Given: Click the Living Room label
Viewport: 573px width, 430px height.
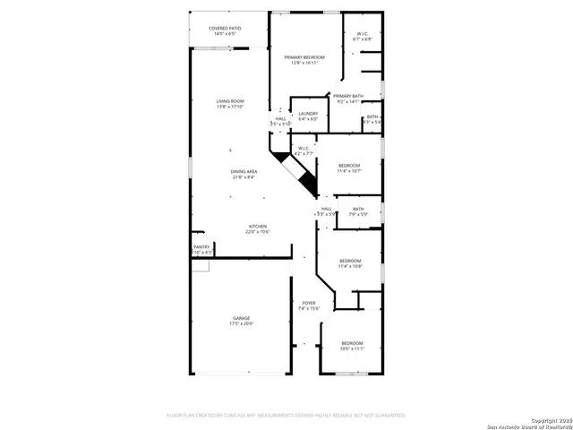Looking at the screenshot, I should [230, 104].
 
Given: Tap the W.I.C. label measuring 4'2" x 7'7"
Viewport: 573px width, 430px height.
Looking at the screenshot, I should [304, 150].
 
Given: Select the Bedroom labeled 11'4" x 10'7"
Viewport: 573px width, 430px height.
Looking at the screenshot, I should [349, 168].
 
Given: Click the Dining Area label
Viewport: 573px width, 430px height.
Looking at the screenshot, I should [244, 174].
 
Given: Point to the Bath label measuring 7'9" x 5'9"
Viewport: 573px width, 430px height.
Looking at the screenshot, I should [357, 211].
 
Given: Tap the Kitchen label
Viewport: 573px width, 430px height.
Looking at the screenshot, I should [258, 228].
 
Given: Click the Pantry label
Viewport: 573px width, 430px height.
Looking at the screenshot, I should [201, 249].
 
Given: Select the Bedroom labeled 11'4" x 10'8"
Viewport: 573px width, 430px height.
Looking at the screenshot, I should [350, 263].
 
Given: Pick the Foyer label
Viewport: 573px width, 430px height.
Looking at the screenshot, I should [308, 305].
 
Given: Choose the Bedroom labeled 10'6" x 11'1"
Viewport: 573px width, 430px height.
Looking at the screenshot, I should [352, 346].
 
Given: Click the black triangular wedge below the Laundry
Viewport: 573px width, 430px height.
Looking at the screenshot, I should [307, 182].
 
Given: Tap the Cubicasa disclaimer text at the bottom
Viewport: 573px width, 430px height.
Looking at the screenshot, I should [286, 416].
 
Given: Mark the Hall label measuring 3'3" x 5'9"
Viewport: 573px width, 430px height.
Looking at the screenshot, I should [326, 211].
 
